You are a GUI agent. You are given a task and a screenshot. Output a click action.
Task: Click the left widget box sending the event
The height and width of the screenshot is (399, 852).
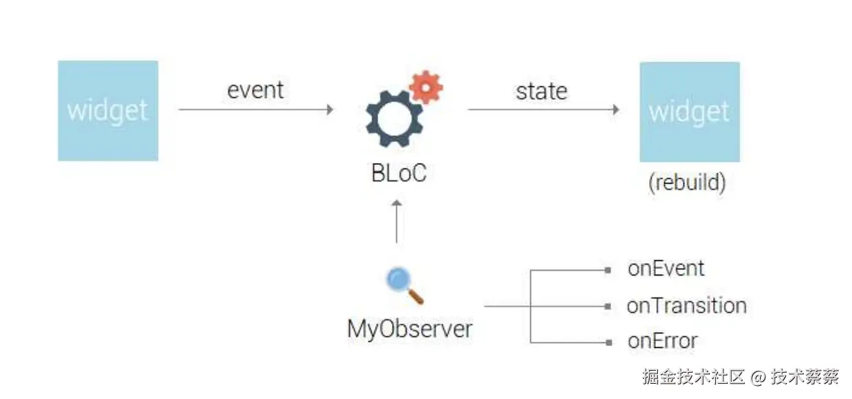pyautogui.click(x=108, y=110)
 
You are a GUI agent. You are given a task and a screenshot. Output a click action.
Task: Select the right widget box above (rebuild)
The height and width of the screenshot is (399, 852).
pyautogui.click(x=690, y=112)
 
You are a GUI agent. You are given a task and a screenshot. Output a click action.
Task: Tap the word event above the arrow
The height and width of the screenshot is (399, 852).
pyautogui.click(x=255, y=90)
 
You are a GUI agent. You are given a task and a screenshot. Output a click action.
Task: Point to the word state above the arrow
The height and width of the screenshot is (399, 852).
pyautogui.click(x=541, y=91)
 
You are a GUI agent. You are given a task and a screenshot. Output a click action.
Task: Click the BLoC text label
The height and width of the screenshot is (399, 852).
pyautogui.click(x=398, y=173)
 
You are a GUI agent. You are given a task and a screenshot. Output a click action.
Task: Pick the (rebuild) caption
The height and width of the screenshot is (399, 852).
pyautogui.click(x=687, y=182)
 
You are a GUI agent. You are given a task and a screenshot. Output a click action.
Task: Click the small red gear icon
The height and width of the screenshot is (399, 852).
pyautogui.click(x=426, y=87)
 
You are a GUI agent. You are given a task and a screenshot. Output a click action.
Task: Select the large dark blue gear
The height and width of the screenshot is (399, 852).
pyautogui.click(x=394, y=119)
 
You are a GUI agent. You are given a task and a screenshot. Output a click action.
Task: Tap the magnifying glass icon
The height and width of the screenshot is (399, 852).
pyautogui.click(x=405, y=285)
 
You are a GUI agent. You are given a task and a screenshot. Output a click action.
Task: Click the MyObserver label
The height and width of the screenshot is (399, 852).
pyautogui.click(x=409, y=329)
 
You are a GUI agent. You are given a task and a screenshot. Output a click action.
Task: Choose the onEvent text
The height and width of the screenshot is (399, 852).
pyautogui.click(x=666, y=269)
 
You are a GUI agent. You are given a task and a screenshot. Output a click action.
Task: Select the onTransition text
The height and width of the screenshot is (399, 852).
pyautogui.click(x=686, y=306)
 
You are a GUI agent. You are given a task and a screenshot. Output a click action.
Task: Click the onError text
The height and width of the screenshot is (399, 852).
pyautogui.click(x=663, y=341)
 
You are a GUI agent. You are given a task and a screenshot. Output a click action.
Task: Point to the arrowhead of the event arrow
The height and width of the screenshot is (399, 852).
pyautogui.click(x=330, y=110)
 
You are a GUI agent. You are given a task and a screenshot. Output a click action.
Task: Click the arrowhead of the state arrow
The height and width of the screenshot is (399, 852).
pyautogui.click(x=616, y=110)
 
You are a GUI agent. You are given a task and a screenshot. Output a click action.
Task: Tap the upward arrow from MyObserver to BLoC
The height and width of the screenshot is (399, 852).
pyautogui.click(x=397, y=222)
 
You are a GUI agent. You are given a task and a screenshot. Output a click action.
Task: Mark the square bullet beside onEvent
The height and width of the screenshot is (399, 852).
pyautogui.click(x=608, y=270)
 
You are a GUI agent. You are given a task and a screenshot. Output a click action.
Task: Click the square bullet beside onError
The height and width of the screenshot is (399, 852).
pyautogui.click(x=608, y=342)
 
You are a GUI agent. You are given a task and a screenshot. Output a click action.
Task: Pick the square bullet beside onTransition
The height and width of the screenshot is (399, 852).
pyautogui.click(x=608, y=306)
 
